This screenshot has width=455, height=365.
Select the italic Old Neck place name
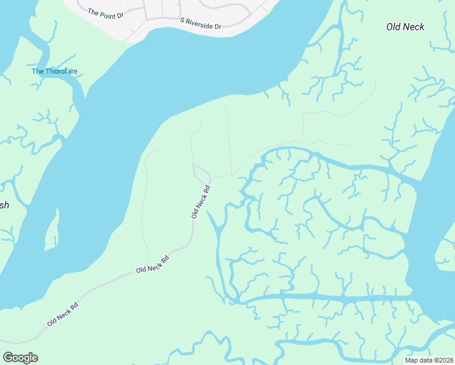coord(405,27)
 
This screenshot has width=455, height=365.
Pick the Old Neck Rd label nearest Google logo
coord(63,313)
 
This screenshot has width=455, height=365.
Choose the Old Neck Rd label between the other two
coord(152,265)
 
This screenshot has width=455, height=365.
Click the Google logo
coord(20,358)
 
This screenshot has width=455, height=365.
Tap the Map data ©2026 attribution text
coord(428,360)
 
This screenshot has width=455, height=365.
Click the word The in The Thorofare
coord(38,71)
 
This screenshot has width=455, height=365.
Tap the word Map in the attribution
coord(411,360)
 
